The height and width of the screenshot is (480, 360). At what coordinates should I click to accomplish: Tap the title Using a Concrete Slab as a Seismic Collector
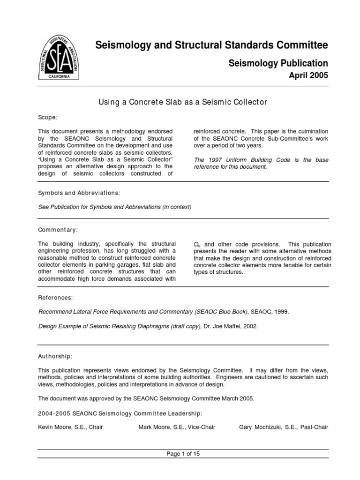[182, 102]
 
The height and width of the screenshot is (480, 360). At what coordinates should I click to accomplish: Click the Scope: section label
[48, 117]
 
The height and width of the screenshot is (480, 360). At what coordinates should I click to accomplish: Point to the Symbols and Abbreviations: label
[79, 193]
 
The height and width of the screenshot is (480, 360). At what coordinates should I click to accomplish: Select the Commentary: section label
[58, 230]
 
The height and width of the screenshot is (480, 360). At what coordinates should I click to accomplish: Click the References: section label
[55, 297]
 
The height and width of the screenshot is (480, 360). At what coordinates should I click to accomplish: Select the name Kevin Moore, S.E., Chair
[70, 427]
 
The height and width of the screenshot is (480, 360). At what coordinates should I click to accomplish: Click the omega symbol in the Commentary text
[197, 245]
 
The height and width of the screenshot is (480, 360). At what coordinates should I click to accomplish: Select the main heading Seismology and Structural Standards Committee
[211, 45]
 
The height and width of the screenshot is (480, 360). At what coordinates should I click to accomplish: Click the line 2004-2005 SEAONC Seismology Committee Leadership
[120, 413]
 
